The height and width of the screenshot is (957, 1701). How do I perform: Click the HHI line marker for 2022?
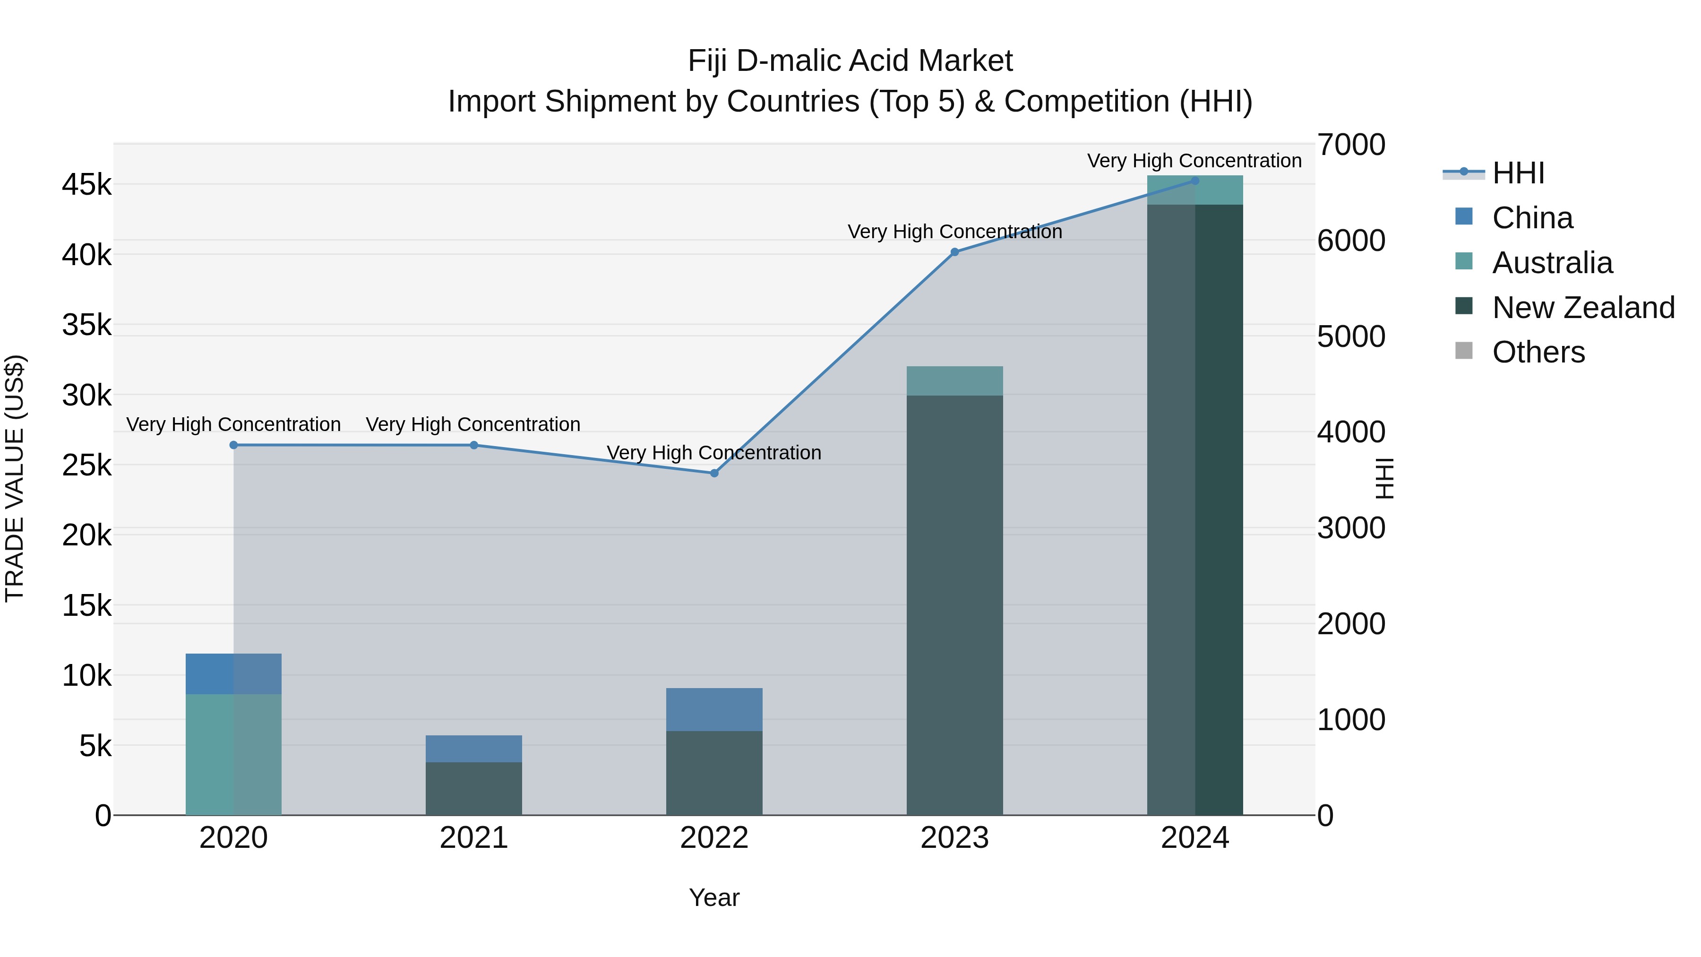click(x=714, y=473)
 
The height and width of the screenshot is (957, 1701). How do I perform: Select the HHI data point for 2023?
click(x=954, y=251)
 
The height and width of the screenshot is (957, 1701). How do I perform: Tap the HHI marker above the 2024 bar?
click(x=1194, y=181)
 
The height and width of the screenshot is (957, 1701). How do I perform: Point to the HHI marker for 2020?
click(x=234, y=445)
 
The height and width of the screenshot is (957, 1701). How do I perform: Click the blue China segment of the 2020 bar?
click(x=234, y=673)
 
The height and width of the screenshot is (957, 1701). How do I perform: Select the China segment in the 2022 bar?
click(x=714, y=709)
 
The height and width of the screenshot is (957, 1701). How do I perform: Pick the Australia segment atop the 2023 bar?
click(x=954, y=381)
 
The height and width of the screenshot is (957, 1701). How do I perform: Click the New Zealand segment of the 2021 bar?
click(x=473, y=789)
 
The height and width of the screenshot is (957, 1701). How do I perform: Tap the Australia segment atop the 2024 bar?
click(x=1194, y=190)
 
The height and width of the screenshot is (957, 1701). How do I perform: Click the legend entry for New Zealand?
click(x=1583, y=308)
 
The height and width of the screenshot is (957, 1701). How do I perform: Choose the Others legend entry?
click(x=1538, y=353)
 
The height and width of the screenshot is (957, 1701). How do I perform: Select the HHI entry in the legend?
click(x=1517, y=173)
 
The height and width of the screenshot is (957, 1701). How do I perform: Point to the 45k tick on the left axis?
click(x=86, y=185)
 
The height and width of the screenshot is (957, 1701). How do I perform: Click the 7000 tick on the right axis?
click(x=1351, y=145)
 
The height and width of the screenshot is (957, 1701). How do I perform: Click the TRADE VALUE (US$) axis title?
click(x=15, y=479)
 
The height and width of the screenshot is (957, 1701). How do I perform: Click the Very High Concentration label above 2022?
click(x=714, y=453)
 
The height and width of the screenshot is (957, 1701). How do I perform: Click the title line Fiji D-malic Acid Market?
click(x=850, y=61)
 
